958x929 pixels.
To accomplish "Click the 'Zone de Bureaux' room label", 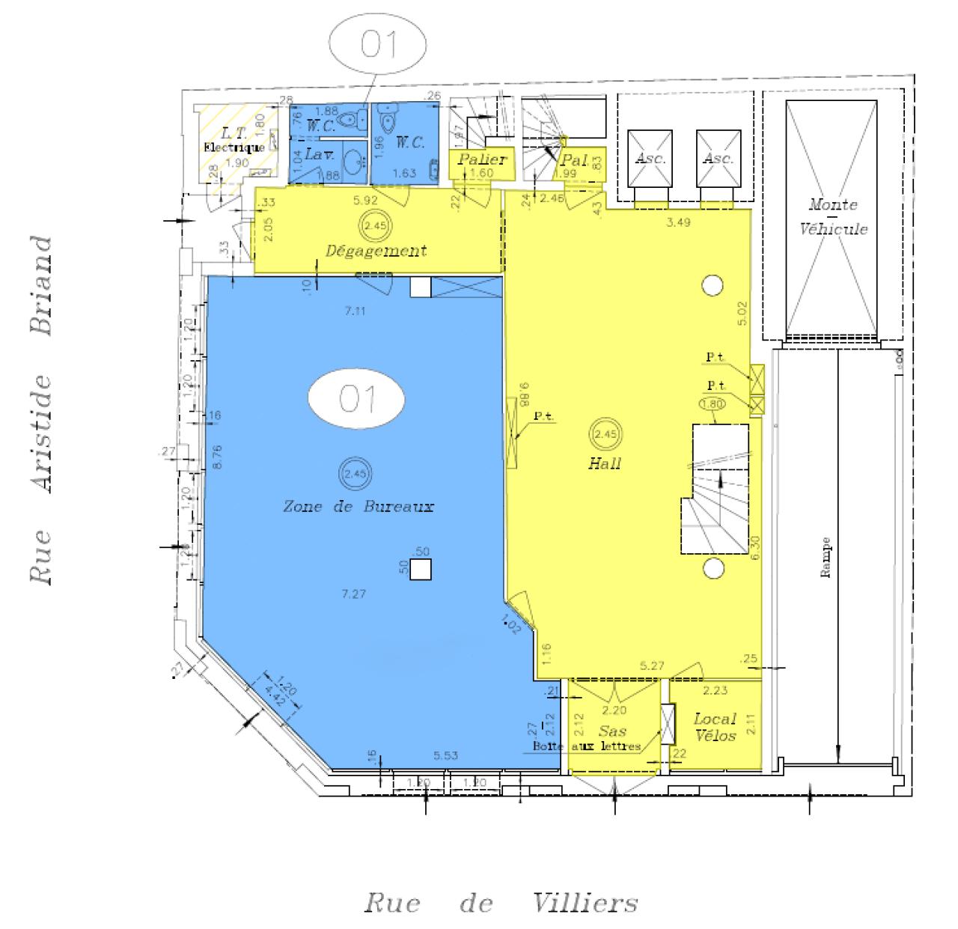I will click(x=359, y=507).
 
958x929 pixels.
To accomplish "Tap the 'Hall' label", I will click(x=605, y=463).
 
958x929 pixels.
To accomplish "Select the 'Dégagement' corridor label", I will click(x=376, y=250).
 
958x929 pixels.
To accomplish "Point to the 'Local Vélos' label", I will click(x=715, y=727).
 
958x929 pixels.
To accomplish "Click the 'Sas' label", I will click(x=611, y=731).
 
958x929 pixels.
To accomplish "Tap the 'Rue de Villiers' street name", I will click(x=501, y=903).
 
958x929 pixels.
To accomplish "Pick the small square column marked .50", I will click(x=421, y=570).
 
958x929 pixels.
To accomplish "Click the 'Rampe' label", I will click(x=826, y=558).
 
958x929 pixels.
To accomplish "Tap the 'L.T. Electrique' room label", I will click(x=234, y=141).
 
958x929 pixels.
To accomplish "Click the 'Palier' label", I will click(x=482, y=159).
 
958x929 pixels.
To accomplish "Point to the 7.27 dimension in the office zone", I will click(x=353, y=594).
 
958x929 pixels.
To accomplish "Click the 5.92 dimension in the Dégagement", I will click(x=365, y=200).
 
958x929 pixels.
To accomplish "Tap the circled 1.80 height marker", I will click(x=713, y=404).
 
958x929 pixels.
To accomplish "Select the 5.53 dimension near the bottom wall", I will click(x=446, y=756).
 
